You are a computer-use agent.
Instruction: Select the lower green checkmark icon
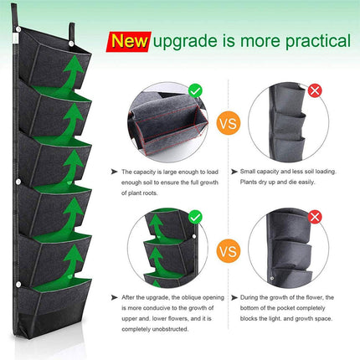tap(194, 217)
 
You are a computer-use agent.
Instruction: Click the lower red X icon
tap(315, 217)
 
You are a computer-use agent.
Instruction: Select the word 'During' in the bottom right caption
tap(251, 297)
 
